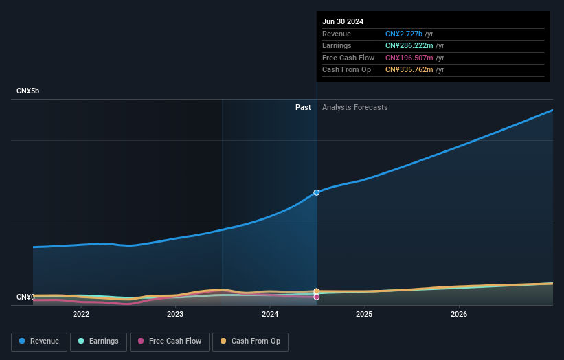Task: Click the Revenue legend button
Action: coord(39,341)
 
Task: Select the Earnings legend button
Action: coord(98,341)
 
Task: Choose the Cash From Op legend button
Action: coord(250,341)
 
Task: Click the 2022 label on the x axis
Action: coord(81,314)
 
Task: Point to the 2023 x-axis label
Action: coord(175,314)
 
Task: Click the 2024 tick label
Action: coord(270,314)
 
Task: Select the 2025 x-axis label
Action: coord(364,314)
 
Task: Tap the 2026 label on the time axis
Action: coord(459,314)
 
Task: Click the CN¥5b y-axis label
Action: coord(28,91)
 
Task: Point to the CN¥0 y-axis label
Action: coord(25,297)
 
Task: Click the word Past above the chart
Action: coord(303,107)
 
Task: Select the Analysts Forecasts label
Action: coord(354,107)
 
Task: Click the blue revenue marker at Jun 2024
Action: coord(317,192)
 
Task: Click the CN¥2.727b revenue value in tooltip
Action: coord(404,34)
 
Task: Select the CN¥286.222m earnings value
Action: coord(409,45)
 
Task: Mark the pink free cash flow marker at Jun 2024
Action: coord(317,297)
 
